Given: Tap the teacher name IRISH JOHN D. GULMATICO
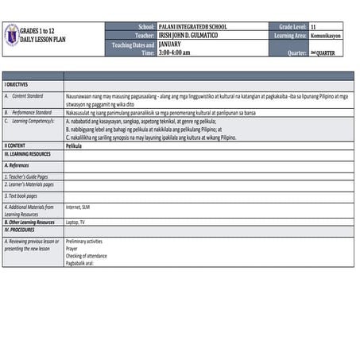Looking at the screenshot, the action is tap(188, 35).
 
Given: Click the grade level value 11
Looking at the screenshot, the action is tap(314, 26).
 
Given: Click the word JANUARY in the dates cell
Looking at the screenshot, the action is tap(170, 44).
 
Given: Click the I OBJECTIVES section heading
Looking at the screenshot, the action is tap(17, 83).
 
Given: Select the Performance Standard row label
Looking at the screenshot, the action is tap(32, 113).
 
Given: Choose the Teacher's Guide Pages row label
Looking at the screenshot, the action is tap(26, 176).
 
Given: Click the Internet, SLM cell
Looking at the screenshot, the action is tap(78, 206).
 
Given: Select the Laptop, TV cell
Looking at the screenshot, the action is tap(76, 223).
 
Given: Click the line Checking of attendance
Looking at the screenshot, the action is tap(86, 255).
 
